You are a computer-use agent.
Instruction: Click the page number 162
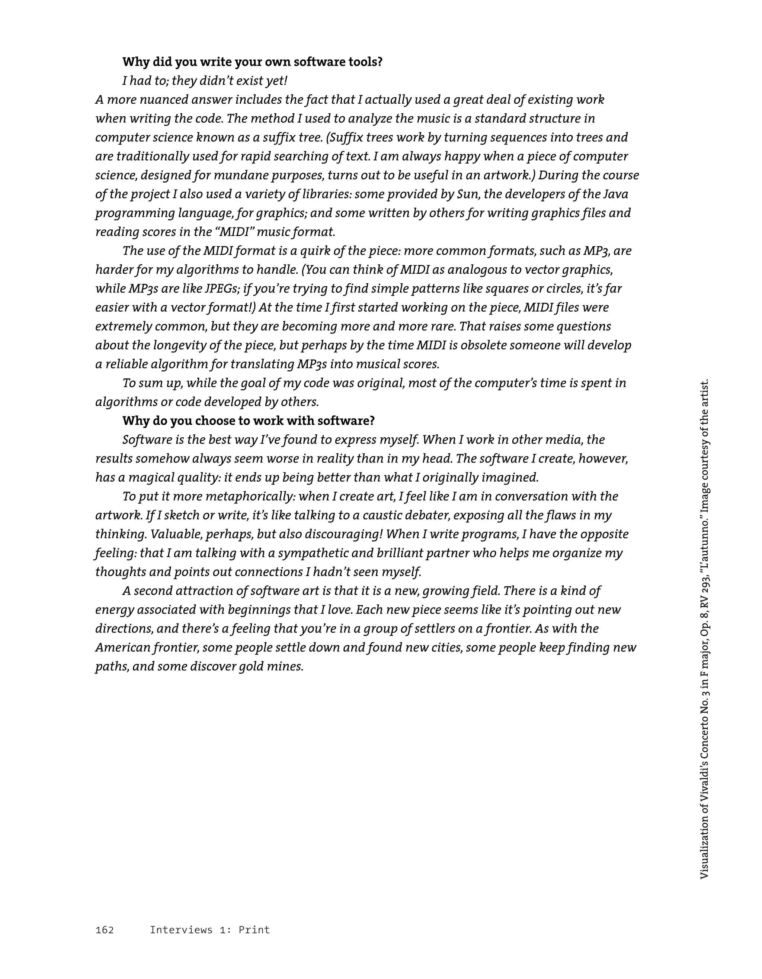click(105, 930)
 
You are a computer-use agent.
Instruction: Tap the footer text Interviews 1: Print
click(209, 930)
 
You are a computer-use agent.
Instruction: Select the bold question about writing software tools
click(253, 62)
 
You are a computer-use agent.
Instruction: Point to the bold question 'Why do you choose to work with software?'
click(249, 421)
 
